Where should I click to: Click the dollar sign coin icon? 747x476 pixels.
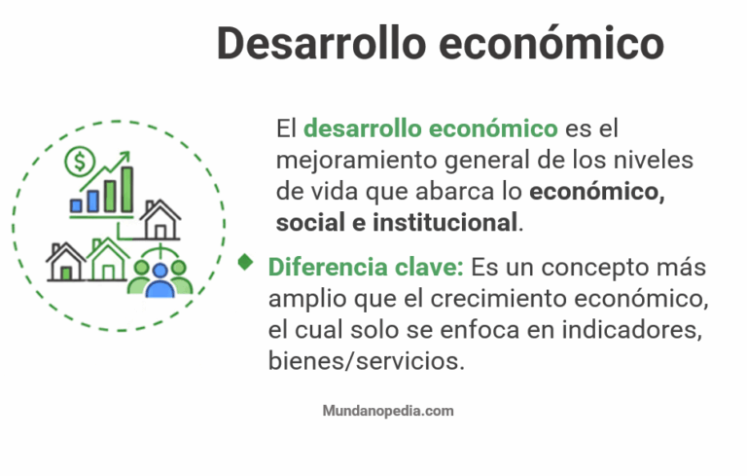click(78, 159)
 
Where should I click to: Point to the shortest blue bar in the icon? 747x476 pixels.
click(75, 205)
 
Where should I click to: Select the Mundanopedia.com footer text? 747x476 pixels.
click(388, 411)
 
